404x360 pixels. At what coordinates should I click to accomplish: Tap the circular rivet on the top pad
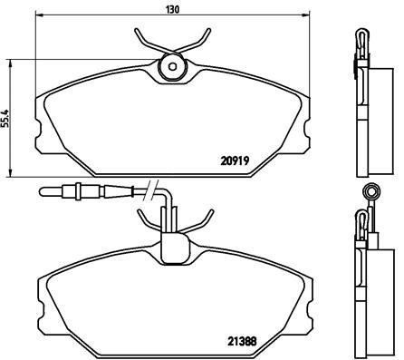click(170, 67)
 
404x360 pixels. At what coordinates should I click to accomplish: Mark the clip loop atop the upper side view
click(360, 38)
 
